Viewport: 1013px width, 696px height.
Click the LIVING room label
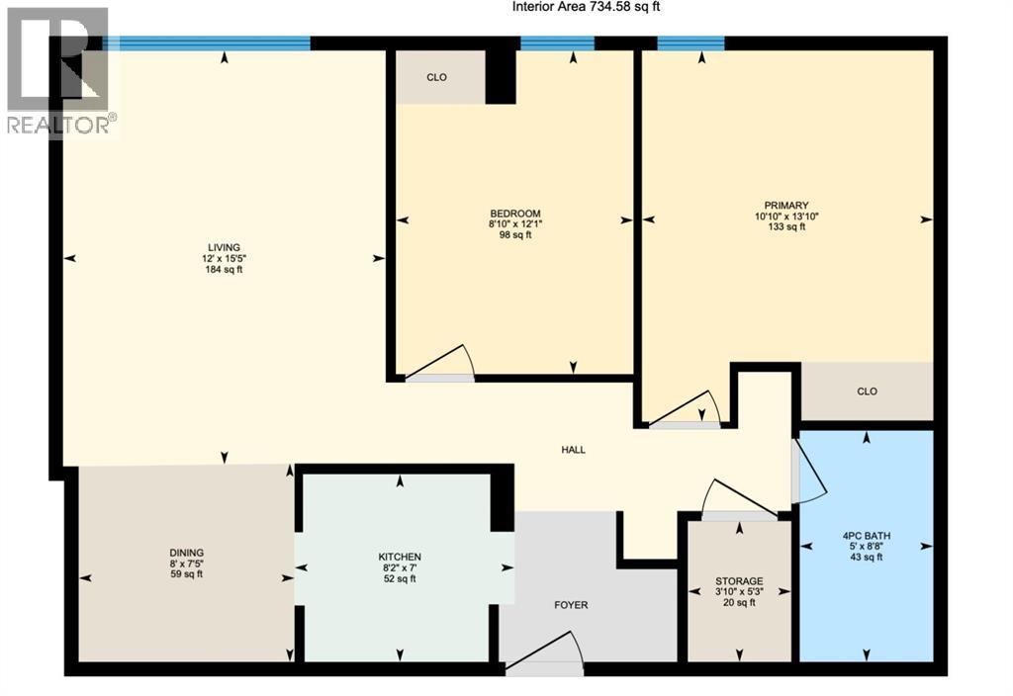pos(224,247)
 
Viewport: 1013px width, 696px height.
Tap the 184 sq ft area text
pos(224,270)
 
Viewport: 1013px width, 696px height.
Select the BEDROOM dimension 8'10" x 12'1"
pos(515,223)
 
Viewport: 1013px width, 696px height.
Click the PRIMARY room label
pos(787,205)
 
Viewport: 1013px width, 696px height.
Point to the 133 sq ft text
pos(787,226)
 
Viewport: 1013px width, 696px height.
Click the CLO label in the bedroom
pos(437,77)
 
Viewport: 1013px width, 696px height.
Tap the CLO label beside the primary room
pos(867,391)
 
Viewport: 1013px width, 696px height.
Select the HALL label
pos(573,450)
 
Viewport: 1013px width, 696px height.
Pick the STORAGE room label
pos(739,581)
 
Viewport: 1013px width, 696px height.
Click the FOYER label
pos(571,605)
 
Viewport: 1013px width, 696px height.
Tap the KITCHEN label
pos(400,557)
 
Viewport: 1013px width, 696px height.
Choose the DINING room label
pos(186,553)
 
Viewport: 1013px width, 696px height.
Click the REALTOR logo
pos(58,69)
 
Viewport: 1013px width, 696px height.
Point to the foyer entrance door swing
pos(546,654)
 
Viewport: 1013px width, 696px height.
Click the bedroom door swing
pos(443,364)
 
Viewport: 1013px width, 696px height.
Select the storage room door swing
pos(740,500)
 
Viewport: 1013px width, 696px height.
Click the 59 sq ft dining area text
pos(186,574)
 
